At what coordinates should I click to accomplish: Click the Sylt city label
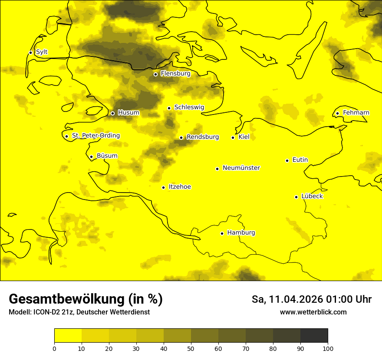[x=42, y=52]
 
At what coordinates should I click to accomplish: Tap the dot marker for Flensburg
[x=155, y=74]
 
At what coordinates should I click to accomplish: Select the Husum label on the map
[x=128, y=113]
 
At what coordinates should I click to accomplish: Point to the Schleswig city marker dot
[x=169, y=108]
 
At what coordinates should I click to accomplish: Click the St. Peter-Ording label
[x=95, y=136]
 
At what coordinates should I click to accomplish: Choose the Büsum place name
[x=107, y=156]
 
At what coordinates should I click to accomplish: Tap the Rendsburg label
[x=203, y=137]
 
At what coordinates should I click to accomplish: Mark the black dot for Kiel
[x=233, y=137]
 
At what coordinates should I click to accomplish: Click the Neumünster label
[x=241, y=168]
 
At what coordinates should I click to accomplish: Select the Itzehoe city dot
[x=163, y=187]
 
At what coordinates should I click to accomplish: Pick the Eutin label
[x=300, y=160]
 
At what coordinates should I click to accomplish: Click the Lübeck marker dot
[x=296, y=196]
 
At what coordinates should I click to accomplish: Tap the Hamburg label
[x=241, y=233]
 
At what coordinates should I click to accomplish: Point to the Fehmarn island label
[x=356, y=113]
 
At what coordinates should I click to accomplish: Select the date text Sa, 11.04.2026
[x=287, y=299]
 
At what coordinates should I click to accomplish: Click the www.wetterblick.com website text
[x=313, y=312]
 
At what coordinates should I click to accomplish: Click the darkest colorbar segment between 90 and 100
[x=314, y=335]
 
